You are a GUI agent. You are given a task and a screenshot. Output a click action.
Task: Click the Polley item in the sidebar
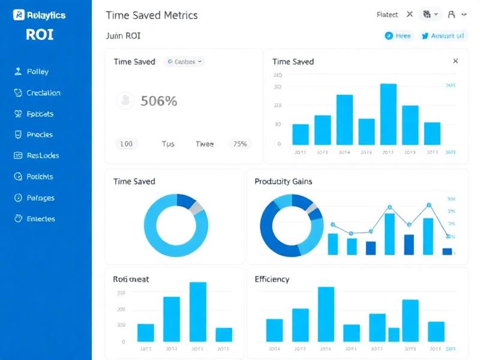pyautogui.click(x=37, y=72)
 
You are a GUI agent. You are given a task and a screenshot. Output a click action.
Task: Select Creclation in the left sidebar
pyautogui.click(x=43, y=93)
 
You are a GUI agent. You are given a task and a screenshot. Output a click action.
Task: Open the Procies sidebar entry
pyautogui.click(x=40, y=135)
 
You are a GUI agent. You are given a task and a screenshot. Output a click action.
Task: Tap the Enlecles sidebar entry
pyautogui.click(x=41, y=219)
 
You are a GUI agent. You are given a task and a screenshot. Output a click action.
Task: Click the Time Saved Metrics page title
pyautogui.click(x=151, y=16)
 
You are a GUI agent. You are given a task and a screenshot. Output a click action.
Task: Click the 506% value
pyautogui.click(x=158, y=101)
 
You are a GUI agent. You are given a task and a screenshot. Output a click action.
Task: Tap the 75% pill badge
pyautogui.click(x=240, y=144)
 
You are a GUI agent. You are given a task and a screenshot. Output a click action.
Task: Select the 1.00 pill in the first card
pyautogui.click(x=127, y=144)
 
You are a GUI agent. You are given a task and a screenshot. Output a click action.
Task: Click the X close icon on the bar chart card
pyautogui.click(x=455, y=61)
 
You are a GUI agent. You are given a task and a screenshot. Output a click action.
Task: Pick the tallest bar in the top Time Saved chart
pyautogui.click(x=388, y=114)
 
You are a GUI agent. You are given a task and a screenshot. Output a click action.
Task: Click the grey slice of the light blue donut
pyautogui.click(x=197, y=208)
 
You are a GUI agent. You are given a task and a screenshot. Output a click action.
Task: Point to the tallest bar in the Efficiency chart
pyautogui.click(x=326, y=314)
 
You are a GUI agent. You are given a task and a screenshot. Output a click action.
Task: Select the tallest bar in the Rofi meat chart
pyautogui.click(x=198, y=311)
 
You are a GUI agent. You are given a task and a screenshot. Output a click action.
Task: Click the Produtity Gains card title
pyautogui.click(x=283, y=181)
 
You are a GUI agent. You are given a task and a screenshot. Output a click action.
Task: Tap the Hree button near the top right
pyautogui.click(x=398, y=36)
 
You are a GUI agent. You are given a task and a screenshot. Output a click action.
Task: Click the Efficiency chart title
pyautogui.click(x=272, y=279)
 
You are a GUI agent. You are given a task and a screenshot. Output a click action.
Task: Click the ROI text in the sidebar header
pyautogui.click(x=40, y=34)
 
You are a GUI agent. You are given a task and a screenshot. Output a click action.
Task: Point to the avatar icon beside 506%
pyautogui.click(x=125, y=100)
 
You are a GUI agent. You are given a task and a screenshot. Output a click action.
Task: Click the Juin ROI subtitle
pyautogui.click(x=123, y=36)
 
